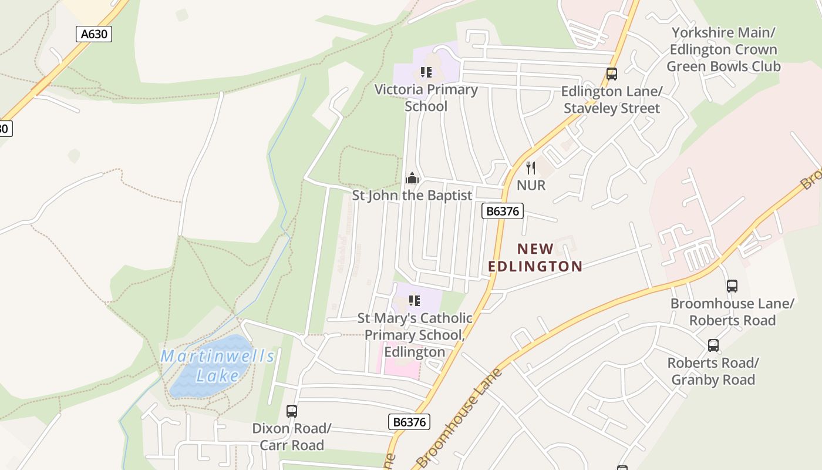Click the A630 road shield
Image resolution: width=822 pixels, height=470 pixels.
pyautogui.click(x=94, y=34)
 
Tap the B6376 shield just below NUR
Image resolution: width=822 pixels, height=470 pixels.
pyautogui.click(x=502, y=211)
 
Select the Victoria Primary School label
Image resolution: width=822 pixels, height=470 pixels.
pyautogui.click(x=426, y=98)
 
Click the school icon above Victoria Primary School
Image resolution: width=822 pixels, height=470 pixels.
pyautogui.click(x=426, y=72)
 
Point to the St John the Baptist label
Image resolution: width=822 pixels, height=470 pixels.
pyautogui.click(x=412, y=195)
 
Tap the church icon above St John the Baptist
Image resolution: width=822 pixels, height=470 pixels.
pyautogui.click(x=412, y=178)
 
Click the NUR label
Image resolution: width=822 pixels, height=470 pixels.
pyautogui.click(x=531, y=185)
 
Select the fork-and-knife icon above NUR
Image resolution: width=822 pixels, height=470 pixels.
pyautogui.click(x=531, y=168)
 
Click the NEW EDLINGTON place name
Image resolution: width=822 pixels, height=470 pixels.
pyautogui.click(x=535, y=257)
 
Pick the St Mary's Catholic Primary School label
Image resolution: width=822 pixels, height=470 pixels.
pyautogui.click(x=415, y=335)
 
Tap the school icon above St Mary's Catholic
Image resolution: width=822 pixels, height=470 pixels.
pyautogui.click(x=415, y=301)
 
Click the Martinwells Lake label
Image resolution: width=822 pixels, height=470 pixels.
pyautogui.click(x=217, y=365)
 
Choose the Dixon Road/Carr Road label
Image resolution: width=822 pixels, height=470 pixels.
pyautogui.click(x=292, y=437)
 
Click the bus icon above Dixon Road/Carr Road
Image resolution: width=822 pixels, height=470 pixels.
pyautogui.click(x=292, y=411)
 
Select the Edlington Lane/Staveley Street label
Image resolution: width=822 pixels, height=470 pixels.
pyautogui.click(x=612, y=100)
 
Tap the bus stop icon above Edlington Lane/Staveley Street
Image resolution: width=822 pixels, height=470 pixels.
pyautogui.click(x=612, y=74)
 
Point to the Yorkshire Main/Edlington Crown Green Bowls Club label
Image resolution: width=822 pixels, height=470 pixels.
pyautogui.click(x=723, y=49)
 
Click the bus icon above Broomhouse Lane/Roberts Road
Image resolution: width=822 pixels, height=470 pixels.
pyautogui.click(x=732, y=286)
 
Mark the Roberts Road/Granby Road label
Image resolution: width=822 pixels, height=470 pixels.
pyautogui.click(x=713, y=371)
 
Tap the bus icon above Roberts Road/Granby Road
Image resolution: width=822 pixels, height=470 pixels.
pyautogui.click(x=713, y=345)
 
